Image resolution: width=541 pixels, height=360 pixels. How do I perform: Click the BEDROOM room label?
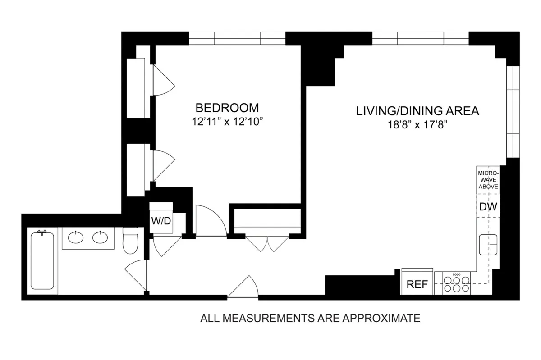[227, 108]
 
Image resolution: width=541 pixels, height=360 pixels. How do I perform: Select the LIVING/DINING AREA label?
[417, 111]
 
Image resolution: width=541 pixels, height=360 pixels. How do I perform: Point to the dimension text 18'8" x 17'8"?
[417, 124]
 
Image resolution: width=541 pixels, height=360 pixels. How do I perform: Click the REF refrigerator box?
[417, 284]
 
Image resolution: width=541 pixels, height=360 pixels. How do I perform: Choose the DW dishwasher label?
[488, 207]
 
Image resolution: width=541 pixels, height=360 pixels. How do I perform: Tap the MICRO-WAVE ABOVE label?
[488, 179]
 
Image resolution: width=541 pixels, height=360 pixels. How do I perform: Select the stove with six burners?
[456, 284]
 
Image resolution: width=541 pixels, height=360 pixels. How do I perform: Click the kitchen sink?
[488, 245]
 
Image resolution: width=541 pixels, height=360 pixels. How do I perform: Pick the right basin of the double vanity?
[100, 237]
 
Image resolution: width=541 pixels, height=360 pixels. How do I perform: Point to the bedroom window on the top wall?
[237, 38]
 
